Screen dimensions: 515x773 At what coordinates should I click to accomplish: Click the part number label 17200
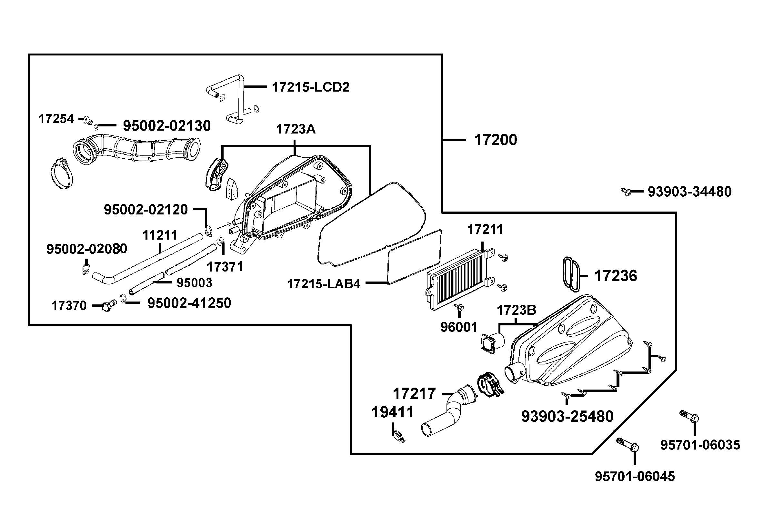[495, 140]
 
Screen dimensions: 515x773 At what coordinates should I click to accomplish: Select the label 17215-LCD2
[310, 87]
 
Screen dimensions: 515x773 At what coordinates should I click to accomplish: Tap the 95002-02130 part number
[166, 126]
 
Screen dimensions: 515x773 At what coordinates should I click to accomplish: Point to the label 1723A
[296, 129]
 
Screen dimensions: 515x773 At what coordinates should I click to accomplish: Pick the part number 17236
[615, 276]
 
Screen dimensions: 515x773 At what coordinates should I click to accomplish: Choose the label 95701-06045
[635, 476]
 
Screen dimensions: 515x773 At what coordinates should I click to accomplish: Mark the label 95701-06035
[700, 445]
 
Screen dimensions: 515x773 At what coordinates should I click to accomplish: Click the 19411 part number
[393, 412]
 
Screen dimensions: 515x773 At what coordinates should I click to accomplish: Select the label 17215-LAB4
[324, 284]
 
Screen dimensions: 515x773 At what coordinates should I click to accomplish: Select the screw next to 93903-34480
[626, 191]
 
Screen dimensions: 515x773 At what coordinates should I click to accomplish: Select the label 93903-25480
[567, 416]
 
